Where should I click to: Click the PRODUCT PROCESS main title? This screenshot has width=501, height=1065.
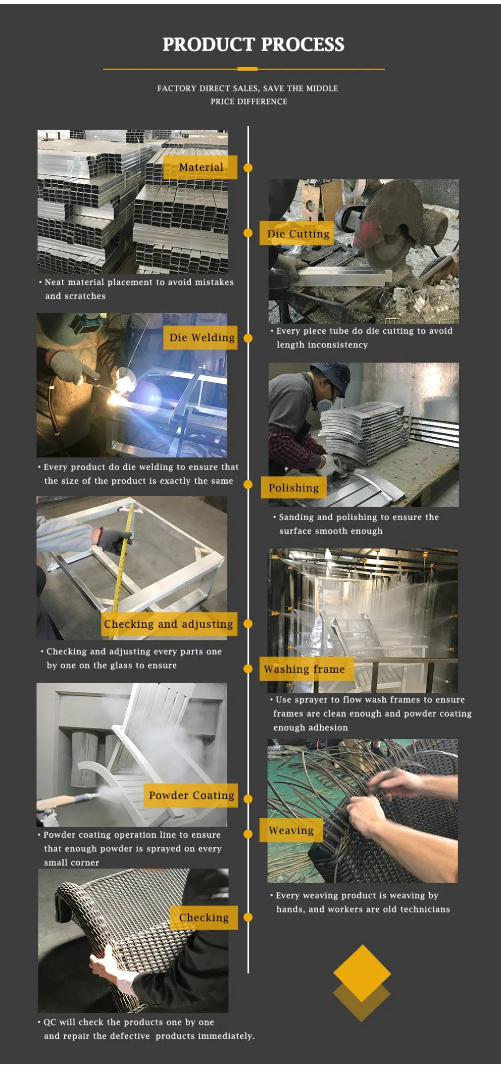click(253, 44)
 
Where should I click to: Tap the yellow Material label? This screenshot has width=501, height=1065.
click(200, 167)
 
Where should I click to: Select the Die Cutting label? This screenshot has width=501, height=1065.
click(297, 233)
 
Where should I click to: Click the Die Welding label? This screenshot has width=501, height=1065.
click(201, 337)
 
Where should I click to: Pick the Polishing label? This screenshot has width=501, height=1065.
click(293, 488)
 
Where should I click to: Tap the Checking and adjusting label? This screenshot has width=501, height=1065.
click(169, 624)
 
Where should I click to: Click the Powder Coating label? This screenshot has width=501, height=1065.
click(191, 795)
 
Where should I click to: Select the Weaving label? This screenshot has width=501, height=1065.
click(291, 831)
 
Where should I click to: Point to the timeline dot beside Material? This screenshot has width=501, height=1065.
click(248, 168)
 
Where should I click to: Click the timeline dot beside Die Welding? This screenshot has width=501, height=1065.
click(248, 338)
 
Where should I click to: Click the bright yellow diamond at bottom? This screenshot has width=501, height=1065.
click(362, 973)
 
